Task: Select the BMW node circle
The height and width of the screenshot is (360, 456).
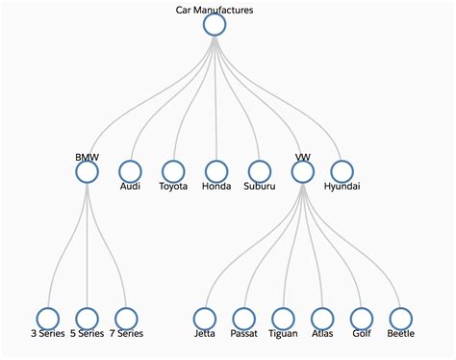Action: click(x=87, y=171)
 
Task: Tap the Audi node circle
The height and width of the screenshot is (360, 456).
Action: click(x=130, y=171)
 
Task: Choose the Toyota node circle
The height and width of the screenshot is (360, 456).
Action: click(x=173, y=171)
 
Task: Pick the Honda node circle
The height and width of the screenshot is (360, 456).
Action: click(x=216, y=171)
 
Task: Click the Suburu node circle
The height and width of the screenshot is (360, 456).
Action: click(x=259, y=171)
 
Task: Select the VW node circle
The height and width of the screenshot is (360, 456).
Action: click(x=302, y=171)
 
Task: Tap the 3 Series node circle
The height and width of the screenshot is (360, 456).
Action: click(x=47, y=318)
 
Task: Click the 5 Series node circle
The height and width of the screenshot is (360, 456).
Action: click(x=87, y=318)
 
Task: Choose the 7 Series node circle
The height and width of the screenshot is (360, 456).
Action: click(x=126, y=318)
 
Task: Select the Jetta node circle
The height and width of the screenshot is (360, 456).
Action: click(x=204, y=318)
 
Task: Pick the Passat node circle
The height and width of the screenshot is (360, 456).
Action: click(x=243, y=318)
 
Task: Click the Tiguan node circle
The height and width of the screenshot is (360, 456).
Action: click(x=283, y=318)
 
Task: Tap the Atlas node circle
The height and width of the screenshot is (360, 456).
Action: click(x=322, y=318)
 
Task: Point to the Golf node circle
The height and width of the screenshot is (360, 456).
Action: click(x=361, y=318)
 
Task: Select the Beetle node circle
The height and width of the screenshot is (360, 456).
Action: click(x=400, y=318)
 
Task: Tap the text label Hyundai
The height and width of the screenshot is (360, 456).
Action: click(x=344, y=187)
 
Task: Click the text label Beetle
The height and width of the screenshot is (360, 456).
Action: click(x=400, y=334)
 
